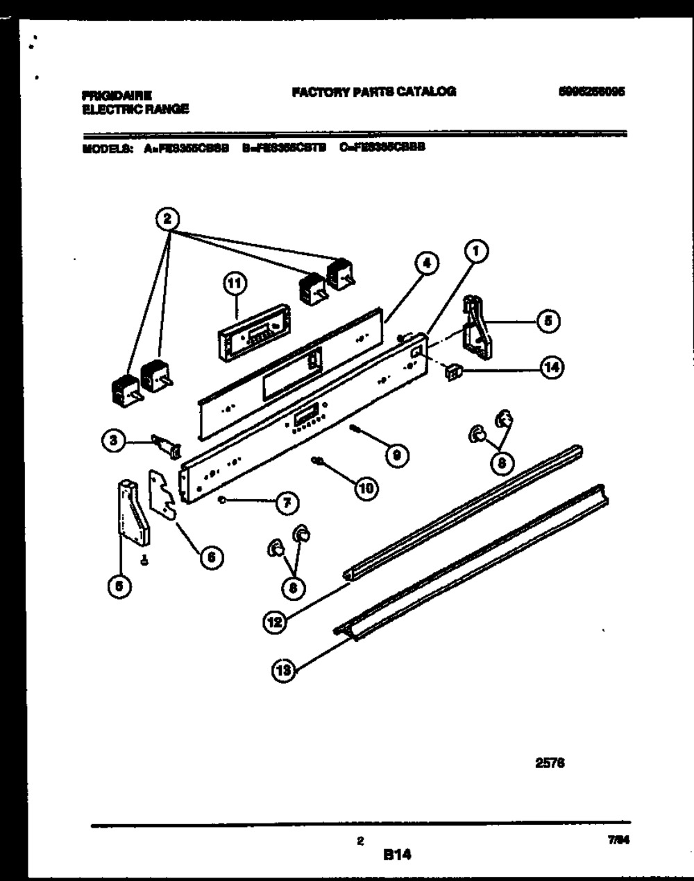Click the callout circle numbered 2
(167, 219)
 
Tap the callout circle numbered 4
(428, 264)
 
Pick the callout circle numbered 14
(552, 368)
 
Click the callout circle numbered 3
(114, 439)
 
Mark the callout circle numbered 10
(366, 488)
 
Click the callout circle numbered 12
(275, 622)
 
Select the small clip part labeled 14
(452, 372)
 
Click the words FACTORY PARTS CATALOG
(374, 91)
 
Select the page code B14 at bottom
(397, 855)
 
